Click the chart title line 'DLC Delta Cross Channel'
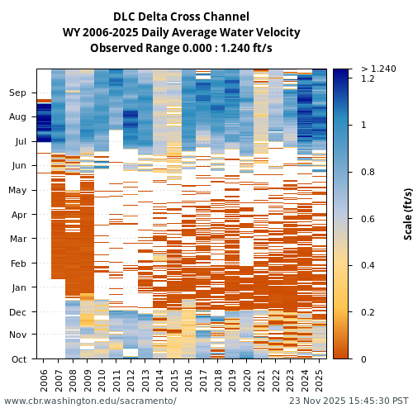point(181,17)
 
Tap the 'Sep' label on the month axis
point(17,93)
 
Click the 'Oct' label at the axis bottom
point(18,359)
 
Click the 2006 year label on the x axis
point(44,380)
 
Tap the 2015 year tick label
point(175,380)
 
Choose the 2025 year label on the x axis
point(320,380)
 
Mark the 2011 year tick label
point(116,380)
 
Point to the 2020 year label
point(247,380)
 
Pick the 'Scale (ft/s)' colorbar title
point(407,214)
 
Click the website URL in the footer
point(90,401)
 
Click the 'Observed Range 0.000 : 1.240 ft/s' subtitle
point(181,48)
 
